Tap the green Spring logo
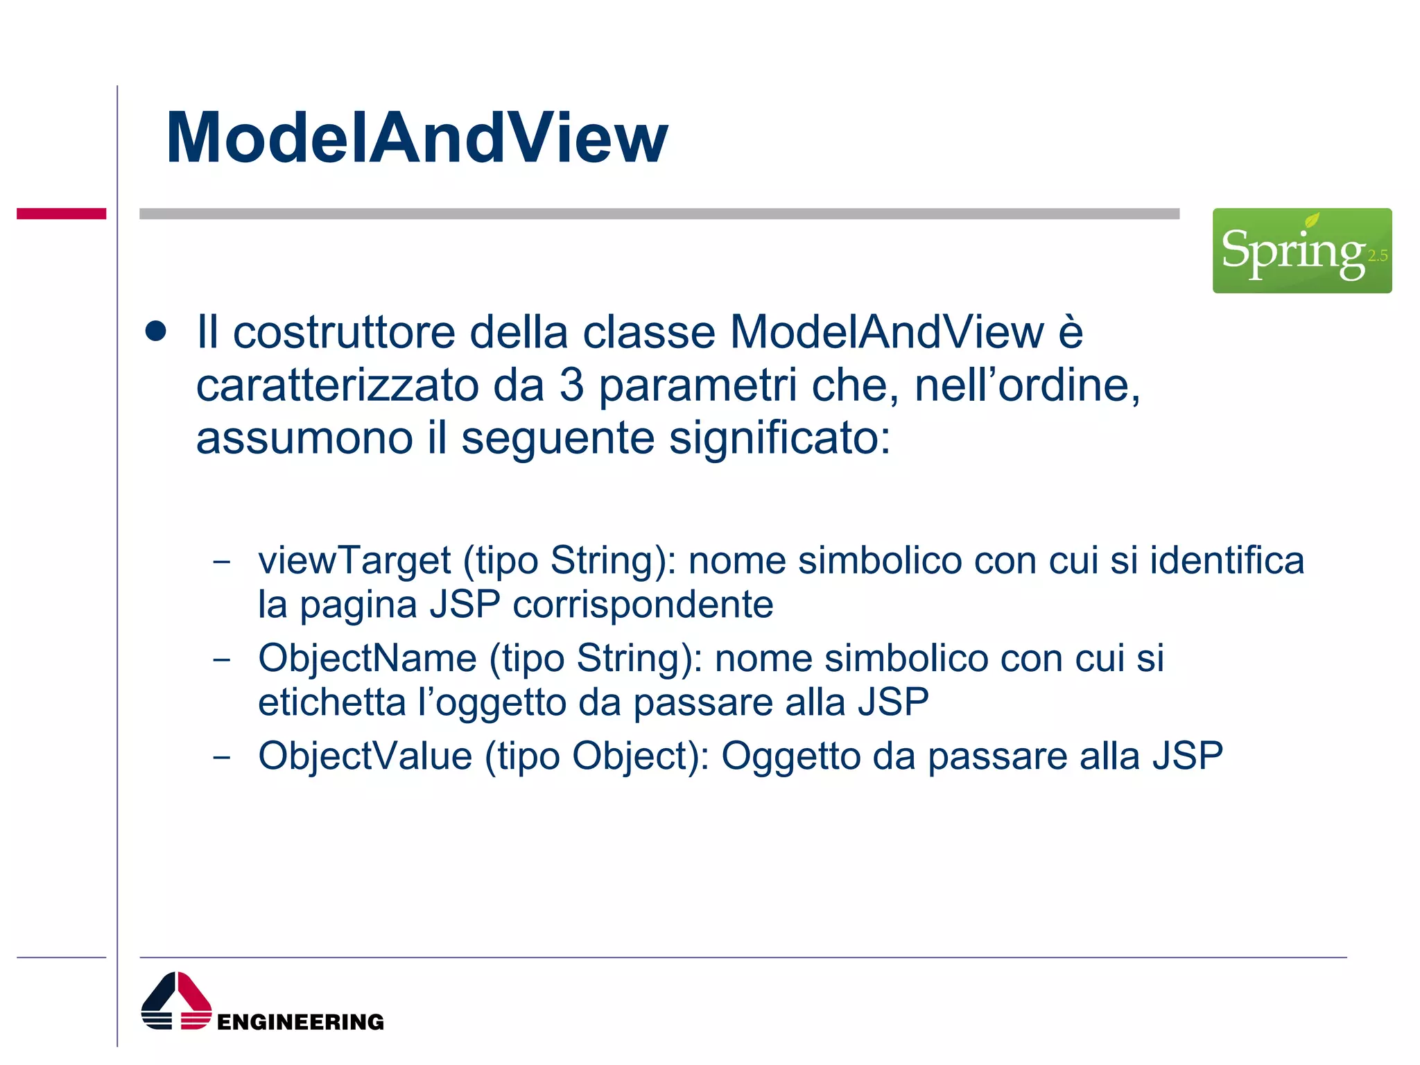click(1301, 250)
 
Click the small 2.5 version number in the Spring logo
click(1377, 256)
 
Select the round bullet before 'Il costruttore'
click(156, 331)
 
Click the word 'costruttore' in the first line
click(344, 332)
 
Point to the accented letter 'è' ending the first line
click(1070, 332)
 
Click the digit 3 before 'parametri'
click(571, 386)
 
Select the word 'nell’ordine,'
click(1027, 386)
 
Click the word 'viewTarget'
click(354, 560)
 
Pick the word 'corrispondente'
click(643, 605)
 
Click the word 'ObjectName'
click(367, 658)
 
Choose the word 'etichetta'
click(331, 702)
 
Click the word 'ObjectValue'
click(365, 756)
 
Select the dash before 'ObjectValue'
click(222, 757)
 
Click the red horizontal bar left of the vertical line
click(61, 214)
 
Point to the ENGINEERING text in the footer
click(300, 1022)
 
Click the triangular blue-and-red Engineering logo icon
click(176, 1001)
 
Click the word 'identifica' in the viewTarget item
click(1227, 560)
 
